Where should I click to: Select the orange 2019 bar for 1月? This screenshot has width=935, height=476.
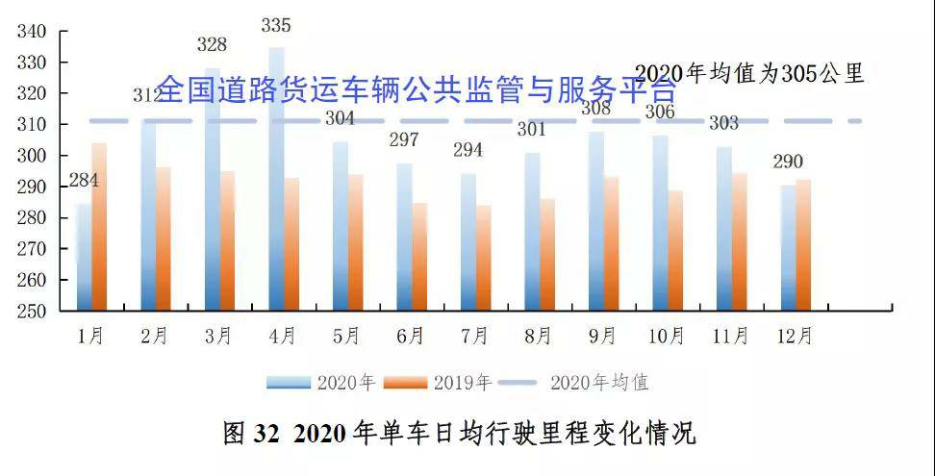pyautogui.click(x=99, y=231)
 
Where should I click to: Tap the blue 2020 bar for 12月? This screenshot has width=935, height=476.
pyautogui.click(x=788, y=250)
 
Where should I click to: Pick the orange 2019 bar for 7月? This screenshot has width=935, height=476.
pyautogui.click(x=483, y=260)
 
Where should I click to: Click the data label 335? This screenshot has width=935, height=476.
pyautogui.click(x=276, y=25)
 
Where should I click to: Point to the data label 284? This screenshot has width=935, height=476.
pyautogui.click(x=83, y=180)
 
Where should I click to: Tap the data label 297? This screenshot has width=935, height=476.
pyautogui.click(x=403, y=140)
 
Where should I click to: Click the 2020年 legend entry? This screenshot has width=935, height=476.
pyautogui.click(x=321, y=383)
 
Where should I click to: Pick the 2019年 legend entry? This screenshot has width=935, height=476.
pyautogui.click(x=438, y=383)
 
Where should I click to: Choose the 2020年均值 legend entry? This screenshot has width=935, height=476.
pyautogui.click(x=574, y=383)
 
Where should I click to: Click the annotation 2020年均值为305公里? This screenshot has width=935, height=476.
pyautogui.click(x=750, y=73)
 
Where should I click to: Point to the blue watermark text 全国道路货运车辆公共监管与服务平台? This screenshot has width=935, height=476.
pyautogui.click(x=416, y=89)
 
